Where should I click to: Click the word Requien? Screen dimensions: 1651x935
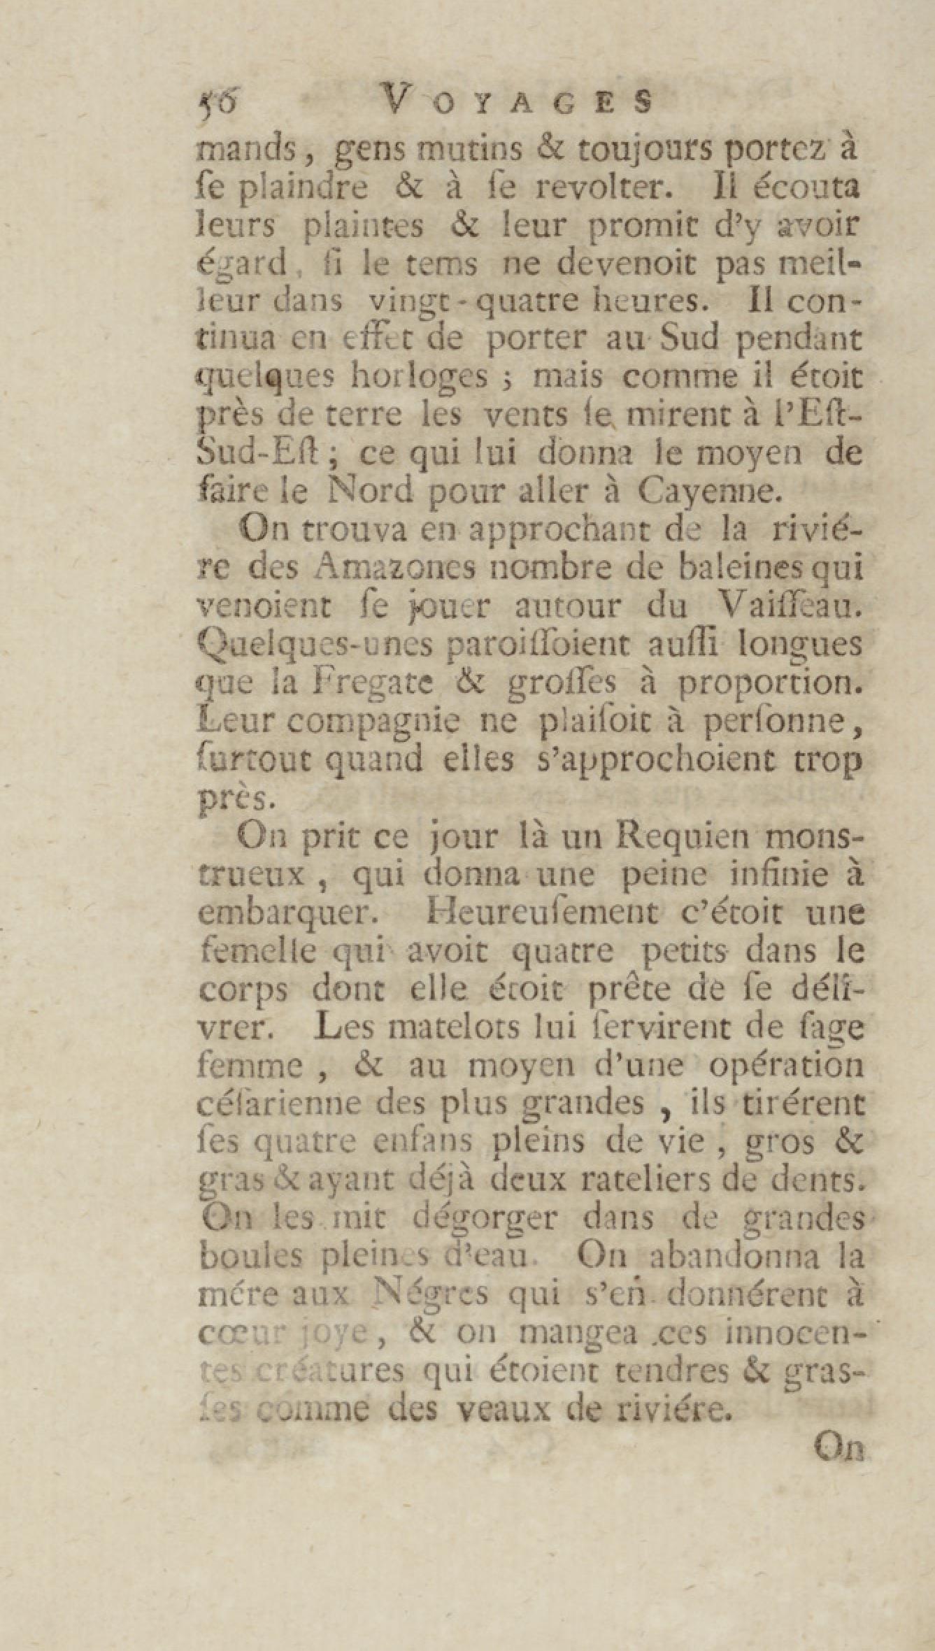(685, 836)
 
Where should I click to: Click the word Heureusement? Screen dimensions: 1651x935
(531, 914)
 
